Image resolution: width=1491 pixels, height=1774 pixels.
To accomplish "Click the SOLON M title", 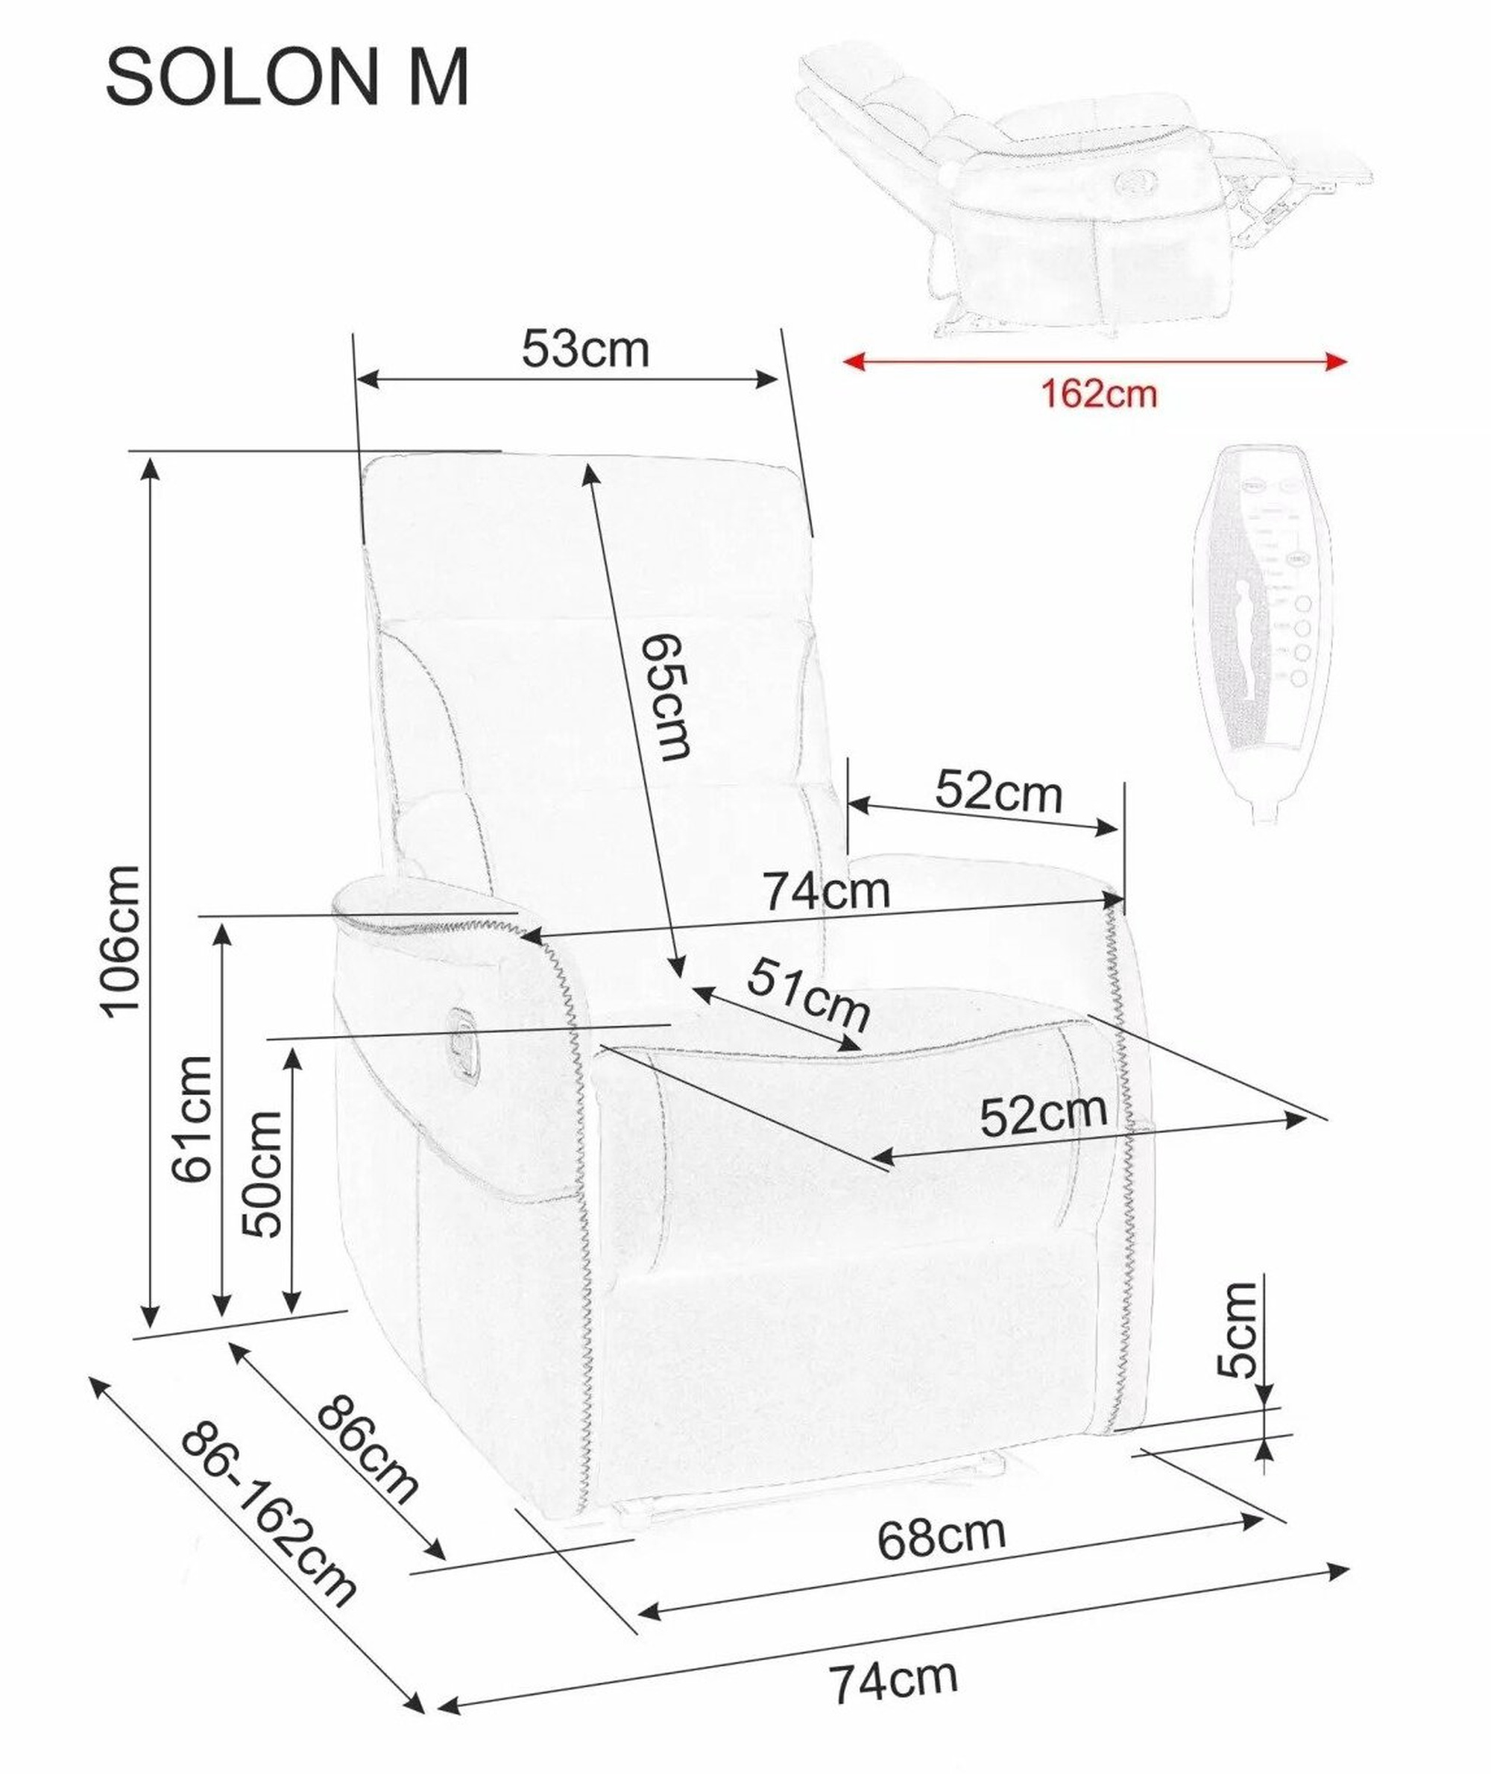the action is coord(286,78).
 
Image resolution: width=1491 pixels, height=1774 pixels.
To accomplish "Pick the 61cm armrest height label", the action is coord(190,1117).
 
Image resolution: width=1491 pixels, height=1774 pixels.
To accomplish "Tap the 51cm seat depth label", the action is coord(807,994).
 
